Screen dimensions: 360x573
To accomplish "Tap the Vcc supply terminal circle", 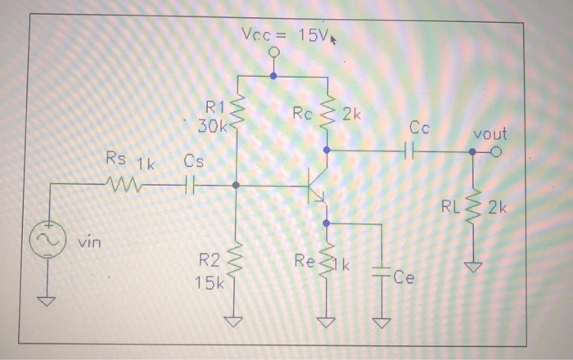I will pyautogui.click(x=273, y=54).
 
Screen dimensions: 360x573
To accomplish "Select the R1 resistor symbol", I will pyautogui.click(x=238, y=118).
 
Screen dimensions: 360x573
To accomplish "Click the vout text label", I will pyautogui.click(x=489, y=133).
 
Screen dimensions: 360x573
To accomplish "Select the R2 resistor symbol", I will pyautogui.click(x=238, y=266).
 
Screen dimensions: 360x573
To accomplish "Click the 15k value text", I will pyautogui.click(x=210, y=283).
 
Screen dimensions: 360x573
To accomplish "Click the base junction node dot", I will pyautogui.click(x=237, y=185).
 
